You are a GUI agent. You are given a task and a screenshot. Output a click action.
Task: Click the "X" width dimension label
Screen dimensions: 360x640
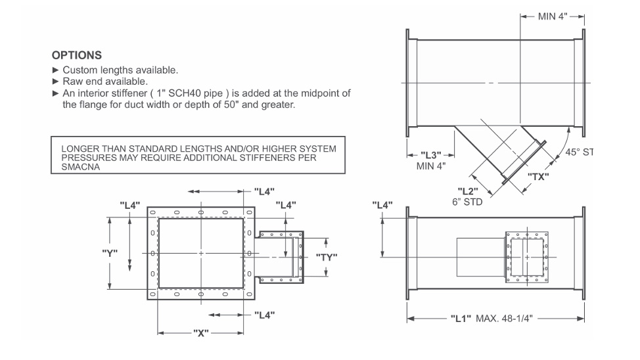[202, 332]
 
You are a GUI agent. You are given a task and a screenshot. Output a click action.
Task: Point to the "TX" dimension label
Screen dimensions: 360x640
[538, 177]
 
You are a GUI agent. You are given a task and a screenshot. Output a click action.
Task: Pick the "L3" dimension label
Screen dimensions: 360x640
[432, 154]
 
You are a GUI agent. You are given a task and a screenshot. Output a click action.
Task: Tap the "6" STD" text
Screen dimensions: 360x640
[467, 202]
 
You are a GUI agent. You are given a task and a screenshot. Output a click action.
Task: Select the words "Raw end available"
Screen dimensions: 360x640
[105, 81]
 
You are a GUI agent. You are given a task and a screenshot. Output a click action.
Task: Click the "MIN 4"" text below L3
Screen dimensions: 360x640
[431, 166]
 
